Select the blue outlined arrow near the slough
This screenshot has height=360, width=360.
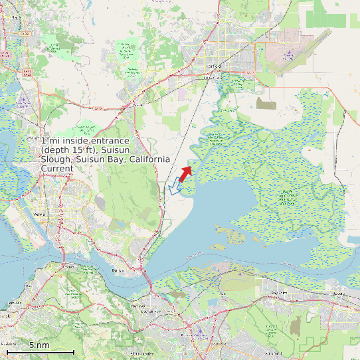(x=175, y=187)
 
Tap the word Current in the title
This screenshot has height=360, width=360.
(x=58, y=169)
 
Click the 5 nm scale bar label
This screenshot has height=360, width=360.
(x=39, y=345)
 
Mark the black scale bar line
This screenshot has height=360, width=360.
(x=40, y=352)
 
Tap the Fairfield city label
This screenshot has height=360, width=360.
(x=213, y=66)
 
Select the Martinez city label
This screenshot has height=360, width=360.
(x=158, y=306)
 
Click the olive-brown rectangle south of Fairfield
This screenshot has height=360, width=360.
(x=266, y=104)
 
